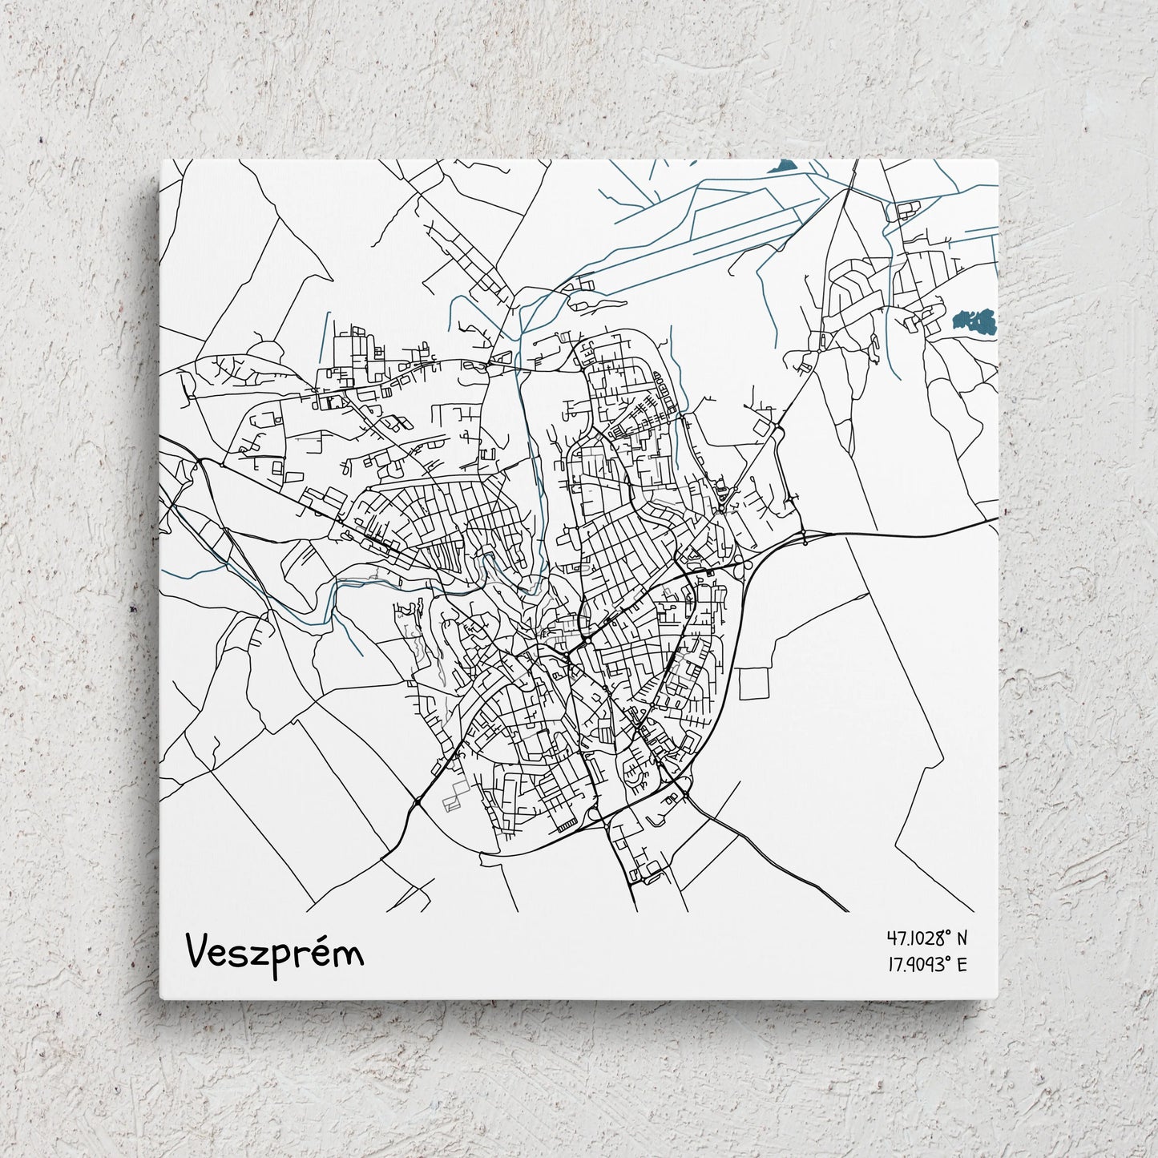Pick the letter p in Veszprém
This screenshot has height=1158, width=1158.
tap(279, 958)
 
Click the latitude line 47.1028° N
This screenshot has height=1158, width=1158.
tap(927, 937)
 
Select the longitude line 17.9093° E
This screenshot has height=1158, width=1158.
tap(927, 963)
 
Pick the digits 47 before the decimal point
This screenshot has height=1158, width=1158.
tap(894, 937)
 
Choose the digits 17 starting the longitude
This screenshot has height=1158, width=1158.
tap(893, 963)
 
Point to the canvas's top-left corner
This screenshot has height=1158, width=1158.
tap(161, 159)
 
